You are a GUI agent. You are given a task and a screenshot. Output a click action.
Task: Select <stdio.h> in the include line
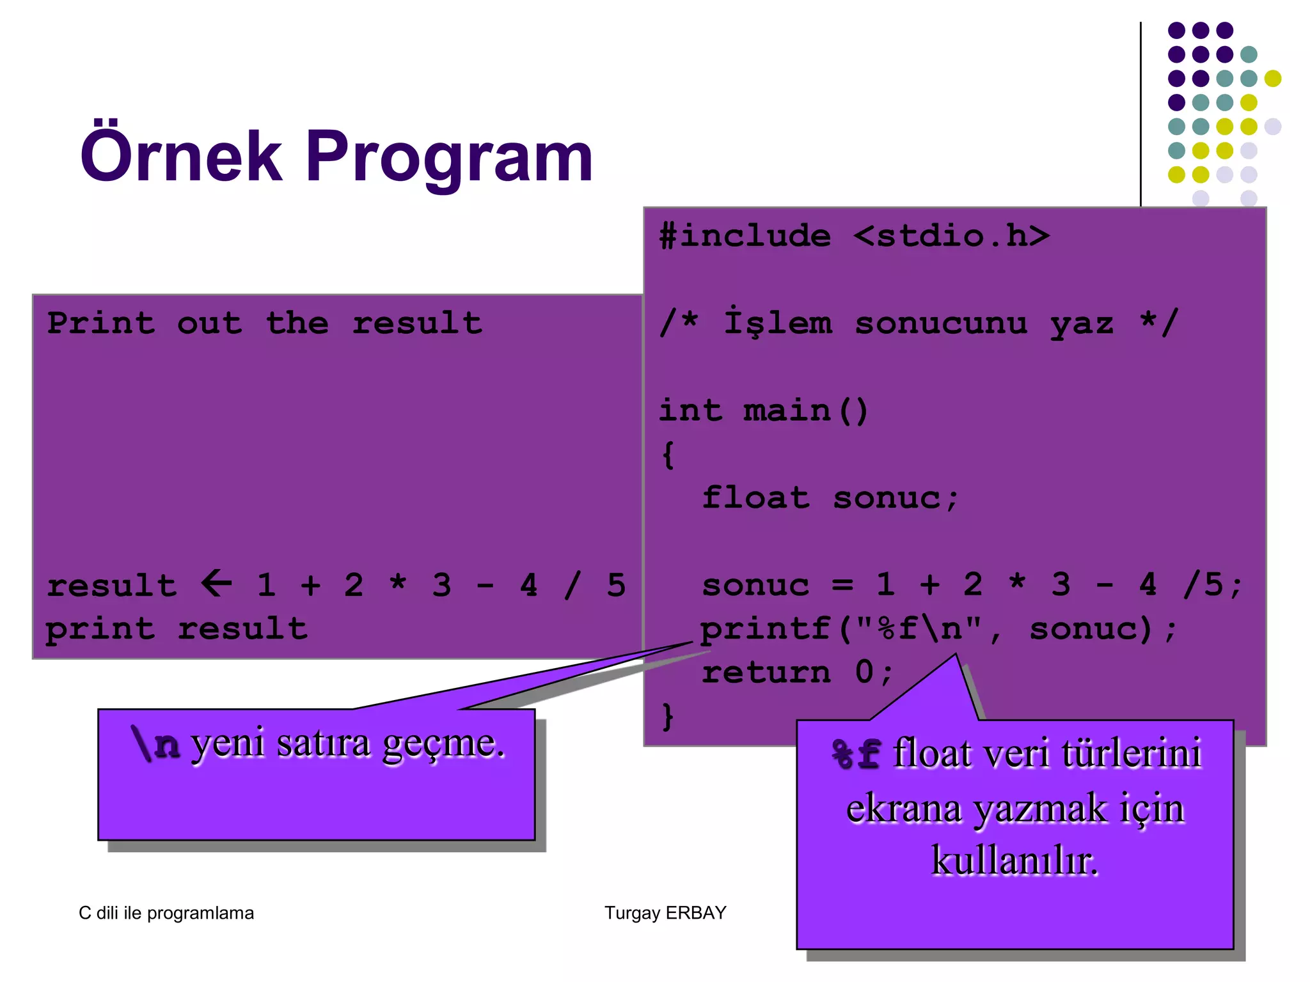951,236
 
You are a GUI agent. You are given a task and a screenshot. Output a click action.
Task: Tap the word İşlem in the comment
778,322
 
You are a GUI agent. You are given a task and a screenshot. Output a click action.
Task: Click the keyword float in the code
755,497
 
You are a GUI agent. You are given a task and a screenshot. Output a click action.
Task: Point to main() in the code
805,410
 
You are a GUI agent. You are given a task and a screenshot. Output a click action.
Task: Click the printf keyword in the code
765,629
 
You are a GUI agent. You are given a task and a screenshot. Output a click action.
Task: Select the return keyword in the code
766,673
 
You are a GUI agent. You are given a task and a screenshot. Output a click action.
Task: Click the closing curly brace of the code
667,716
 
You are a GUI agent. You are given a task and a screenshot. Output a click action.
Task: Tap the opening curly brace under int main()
668,455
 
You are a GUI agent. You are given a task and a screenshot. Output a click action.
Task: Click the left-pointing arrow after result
217,583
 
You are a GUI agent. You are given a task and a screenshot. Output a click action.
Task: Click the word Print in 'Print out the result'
101,323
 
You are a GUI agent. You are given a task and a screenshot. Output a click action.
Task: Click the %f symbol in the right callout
856,754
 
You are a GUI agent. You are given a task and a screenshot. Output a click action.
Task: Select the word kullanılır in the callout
1014,861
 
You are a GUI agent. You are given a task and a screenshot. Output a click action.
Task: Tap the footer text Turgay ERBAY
665,912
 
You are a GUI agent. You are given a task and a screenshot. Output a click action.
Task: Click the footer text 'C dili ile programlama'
166,913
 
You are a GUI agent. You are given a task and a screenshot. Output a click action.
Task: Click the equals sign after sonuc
842,585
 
